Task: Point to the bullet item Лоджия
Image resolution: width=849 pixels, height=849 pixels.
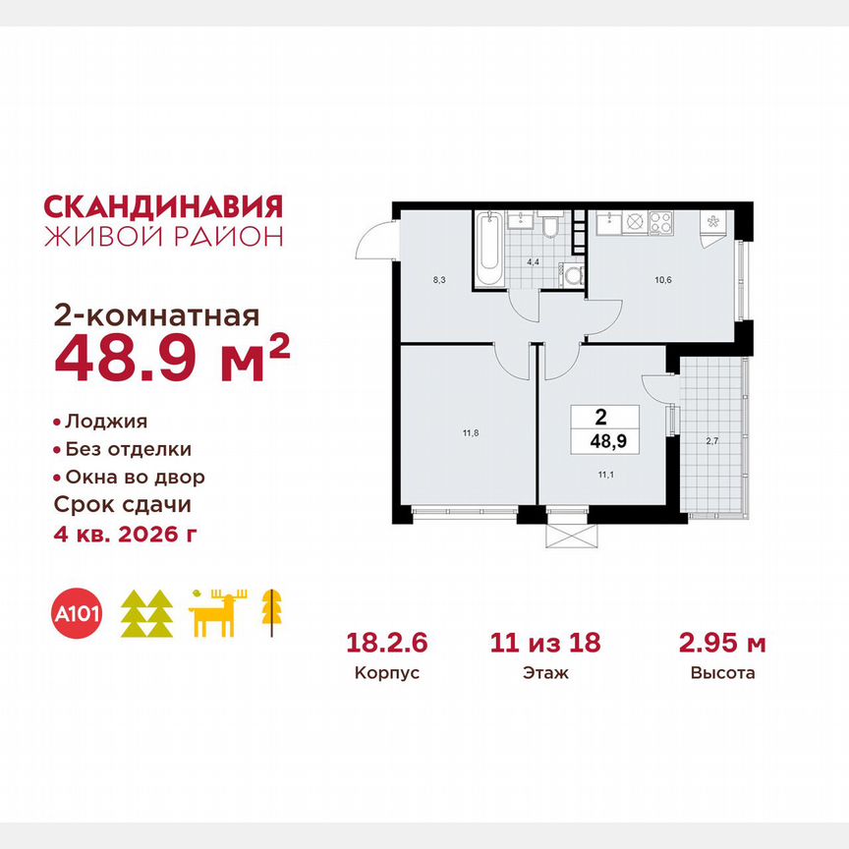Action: (x=105, y=422)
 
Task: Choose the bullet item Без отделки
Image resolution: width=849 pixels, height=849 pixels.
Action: (x=128, y=449)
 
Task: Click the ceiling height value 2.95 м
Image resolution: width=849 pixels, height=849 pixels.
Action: (x=722, y=644)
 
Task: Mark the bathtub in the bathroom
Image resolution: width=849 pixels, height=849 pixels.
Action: (x=488, y=251)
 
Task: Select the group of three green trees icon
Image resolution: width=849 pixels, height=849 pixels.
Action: (x=146, y=614)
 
